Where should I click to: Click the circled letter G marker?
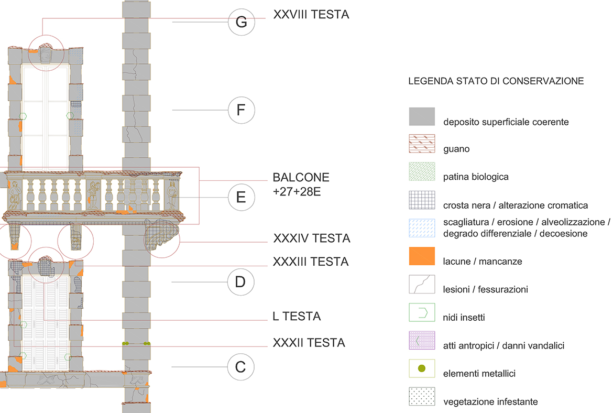click(241, 23)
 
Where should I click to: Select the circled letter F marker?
click(241, 110)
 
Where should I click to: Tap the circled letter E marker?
click(241, 198)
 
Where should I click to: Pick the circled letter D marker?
click(240, 282)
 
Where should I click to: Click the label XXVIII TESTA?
click(311, 15)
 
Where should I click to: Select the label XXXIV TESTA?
click(311, 238)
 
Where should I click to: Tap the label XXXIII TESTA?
click(311, 261)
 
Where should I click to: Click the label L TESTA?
click(297, 317)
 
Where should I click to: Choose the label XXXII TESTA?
click(309, 343)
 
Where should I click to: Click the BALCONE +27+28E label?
click(301, 184)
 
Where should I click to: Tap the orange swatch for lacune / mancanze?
click(422, 256)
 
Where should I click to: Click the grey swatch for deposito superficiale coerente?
click(422, 116)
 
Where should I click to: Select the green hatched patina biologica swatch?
click(422, 172)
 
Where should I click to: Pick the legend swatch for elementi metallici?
click(422, 369)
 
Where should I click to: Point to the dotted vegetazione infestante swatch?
click(422, 397)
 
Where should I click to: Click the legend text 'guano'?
click(456, 149)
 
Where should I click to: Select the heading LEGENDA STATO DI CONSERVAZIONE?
click(496, 82)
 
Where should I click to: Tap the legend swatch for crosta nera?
click(422, 200)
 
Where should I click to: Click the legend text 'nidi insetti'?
click(465, 317)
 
